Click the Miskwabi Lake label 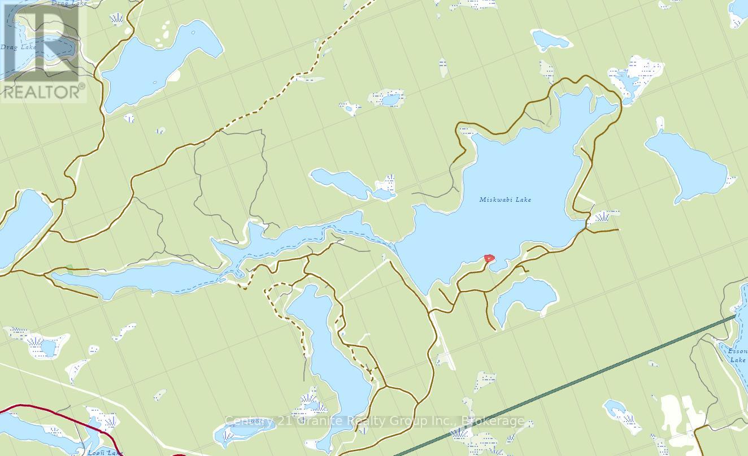click(x=505, y=199)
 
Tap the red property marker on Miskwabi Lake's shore click(x=489, y=258)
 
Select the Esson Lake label click(x=737, y=354)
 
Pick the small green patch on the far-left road click(x=69, y=267)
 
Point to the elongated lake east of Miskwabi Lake click(x=686, y=164)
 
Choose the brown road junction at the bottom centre click(x=385, y=387)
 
